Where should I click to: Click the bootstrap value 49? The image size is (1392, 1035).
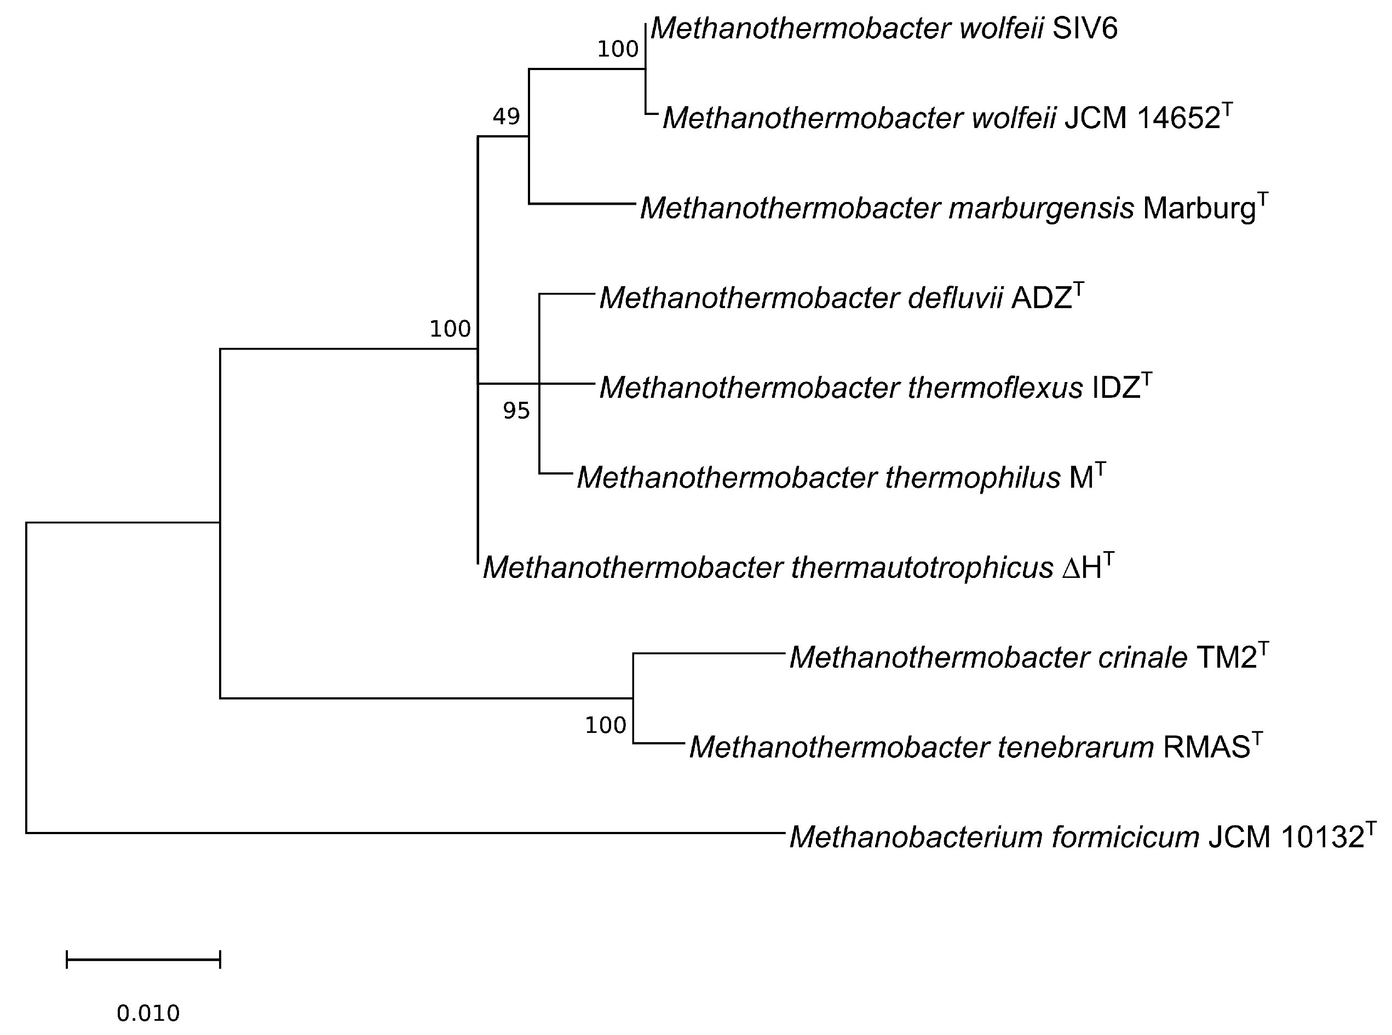(x=506, y=117)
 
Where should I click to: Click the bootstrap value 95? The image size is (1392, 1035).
(x=516, y=411)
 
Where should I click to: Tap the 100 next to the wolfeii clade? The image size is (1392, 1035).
(x=617, y=49)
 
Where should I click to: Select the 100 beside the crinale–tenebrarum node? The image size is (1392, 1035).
(x=606, y=726)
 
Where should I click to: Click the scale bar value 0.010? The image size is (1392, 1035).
(x=148, y=1013)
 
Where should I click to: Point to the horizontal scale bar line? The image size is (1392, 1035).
(x=143, y=959)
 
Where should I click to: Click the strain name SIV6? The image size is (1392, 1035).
(x=1084, y=29)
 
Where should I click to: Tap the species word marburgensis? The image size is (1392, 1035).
(x=1041, y=209)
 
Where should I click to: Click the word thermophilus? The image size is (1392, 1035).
(x=972, y=478)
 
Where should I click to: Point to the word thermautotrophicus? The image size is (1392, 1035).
(x=921, y=568)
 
